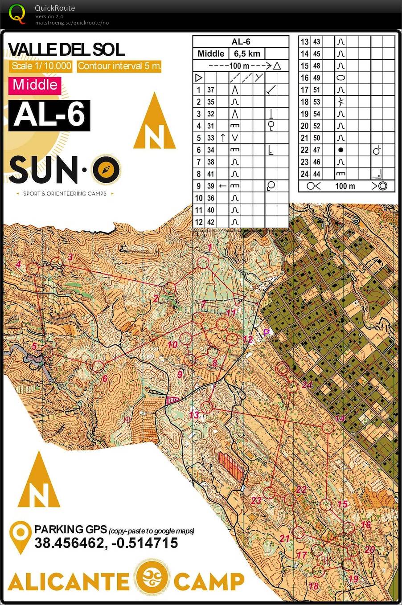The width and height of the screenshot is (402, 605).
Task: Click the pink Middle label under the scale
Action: click(35, 85)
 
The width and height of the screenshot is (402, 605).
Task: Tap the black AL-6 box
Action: click(49, 115)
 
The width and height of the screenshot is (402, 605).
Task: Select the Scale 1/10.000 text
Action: click(41, 66)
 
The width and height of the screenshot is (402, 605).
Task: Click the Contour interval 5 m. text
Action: click(119, 66)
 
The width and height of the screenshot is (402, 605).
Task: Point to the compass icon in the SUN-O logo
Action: click(106, 169)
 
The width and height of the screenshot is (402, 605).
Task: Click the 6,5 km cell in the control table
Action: click(247, 54)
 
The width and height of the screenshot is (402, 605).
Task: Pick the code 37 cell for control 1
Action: click(211, 90)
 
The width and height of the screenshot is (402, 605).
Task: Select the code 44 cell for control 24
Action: click(316, 174)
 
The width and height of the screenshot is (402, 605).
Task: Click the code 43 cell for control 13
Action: click(316, 42)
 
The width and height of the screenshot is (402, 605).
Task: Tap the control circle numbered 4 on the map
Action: click(33, 268)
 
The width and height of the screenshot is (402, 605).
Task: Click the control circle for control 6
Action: click(98, 367)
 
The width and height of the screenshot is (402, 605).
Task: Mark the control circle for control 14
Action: click(328, 428)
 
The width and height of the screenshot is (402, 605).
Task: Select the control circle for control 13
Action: click(206, 407)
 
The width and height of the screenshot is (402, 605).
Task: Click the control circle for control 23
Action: click(269, 492)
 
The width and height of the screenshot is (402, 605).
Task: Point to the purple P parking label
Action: click(267, 332)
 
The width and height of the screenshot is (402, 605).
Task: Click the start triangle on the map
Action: click(239, 299)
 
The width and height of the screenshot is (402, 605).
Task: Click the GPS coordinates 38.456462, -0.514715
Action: click(106, 543)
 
